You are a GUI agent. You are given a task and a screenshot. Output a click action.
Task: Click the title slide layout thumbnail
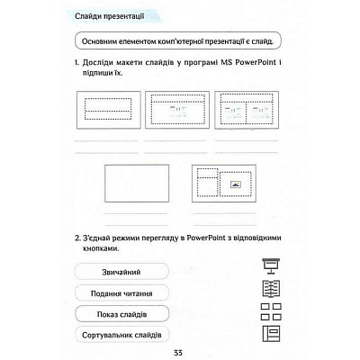click(106, 112)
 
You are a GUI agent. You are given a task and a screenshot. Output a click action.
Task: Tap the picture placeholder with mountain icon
click(235, 184)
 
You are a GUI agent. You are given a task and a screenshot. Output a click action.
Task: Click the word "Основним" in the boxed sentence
click(103, 40)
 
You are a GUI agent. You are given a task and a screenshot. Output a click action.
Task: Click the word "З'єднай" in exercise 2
click(98, 239)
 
